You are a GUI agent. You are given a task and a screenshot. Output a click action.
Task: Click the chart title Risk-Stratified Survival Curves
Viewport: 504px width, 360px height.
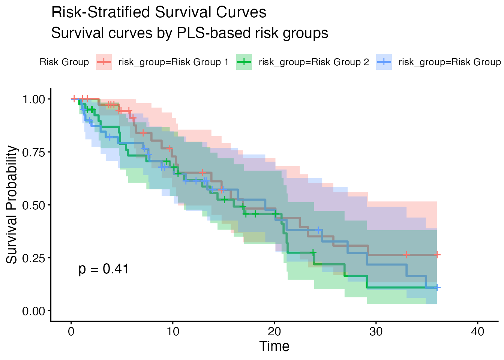(x=159, y=12)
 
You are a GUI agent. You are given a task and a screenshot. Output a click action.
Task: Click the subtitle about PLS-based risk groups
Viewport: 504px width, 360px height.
(x=189, y=33)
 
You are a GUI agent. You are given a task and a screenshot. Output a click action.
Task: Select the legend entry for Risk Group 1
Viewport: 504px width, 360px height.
(x=173, y=62)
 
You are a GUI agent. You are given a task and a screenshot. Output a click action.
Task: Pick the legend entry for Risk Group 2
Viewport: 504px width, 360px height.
(x=313, y=62)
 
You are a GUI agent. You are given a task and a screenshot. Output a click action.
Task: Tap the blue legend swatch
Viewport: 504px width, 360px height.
(x=384, y=62)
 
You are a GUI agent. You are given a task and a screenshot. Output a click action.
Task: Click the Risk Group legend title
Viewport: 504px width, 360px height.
(x=64, y=62)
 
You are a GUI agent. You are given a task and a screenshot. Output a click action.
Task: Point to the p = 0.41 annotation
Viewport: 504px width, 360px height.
(x=104, y=269)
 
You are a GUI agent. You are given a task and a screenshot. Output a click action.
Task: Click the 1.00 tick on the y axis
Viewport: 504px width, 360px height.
(x=34, y=99)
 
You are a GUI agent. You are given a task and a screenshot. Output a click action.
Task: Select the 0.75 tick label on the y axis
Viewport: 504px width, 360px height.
(x=34, y=152)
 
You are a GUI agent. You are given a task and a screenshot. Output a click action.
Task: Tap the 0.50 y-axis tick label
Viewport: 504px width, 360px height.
(x=34, y=205)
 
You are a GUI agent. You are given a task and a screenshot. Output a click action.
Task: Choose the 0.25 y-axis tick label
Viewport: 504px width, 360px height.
(x=34, y=258)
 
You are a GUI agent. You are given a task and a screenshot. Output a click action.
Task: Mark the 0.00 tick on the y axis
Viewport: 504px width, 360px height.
(x=34, y=311)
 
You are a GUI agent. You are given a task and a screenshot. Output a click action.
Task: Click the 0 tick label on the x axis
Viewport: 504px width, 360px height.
(x=71, y=332)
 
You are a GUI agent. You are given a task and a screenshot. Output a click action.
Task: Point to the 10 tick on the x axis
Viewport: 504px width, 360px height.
(x=172, y=332)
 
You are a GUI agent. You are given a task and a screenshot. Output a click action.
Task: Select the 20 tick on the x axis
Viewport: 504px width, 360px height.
(x=274, y=332)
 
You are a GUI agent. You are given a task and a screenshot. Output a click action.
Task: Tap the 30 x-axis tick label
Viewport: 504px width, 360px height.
(x=376, y=332)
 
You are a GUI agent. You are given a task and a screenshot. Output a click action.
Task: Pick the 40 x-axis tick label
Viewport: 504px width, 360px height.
(x=477, y=332)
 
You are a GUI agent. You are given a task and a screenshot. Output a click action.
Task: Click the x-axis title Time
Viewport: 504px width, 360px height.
(x=274, y=346)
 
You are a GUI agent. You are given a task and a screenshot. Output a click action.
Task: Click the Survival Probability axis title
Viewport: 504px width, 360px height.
(x=12, y=205)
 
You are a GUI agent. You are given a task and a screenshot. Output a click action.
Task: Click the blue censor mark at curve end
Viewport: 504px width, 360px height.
(x=437, y=288)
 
